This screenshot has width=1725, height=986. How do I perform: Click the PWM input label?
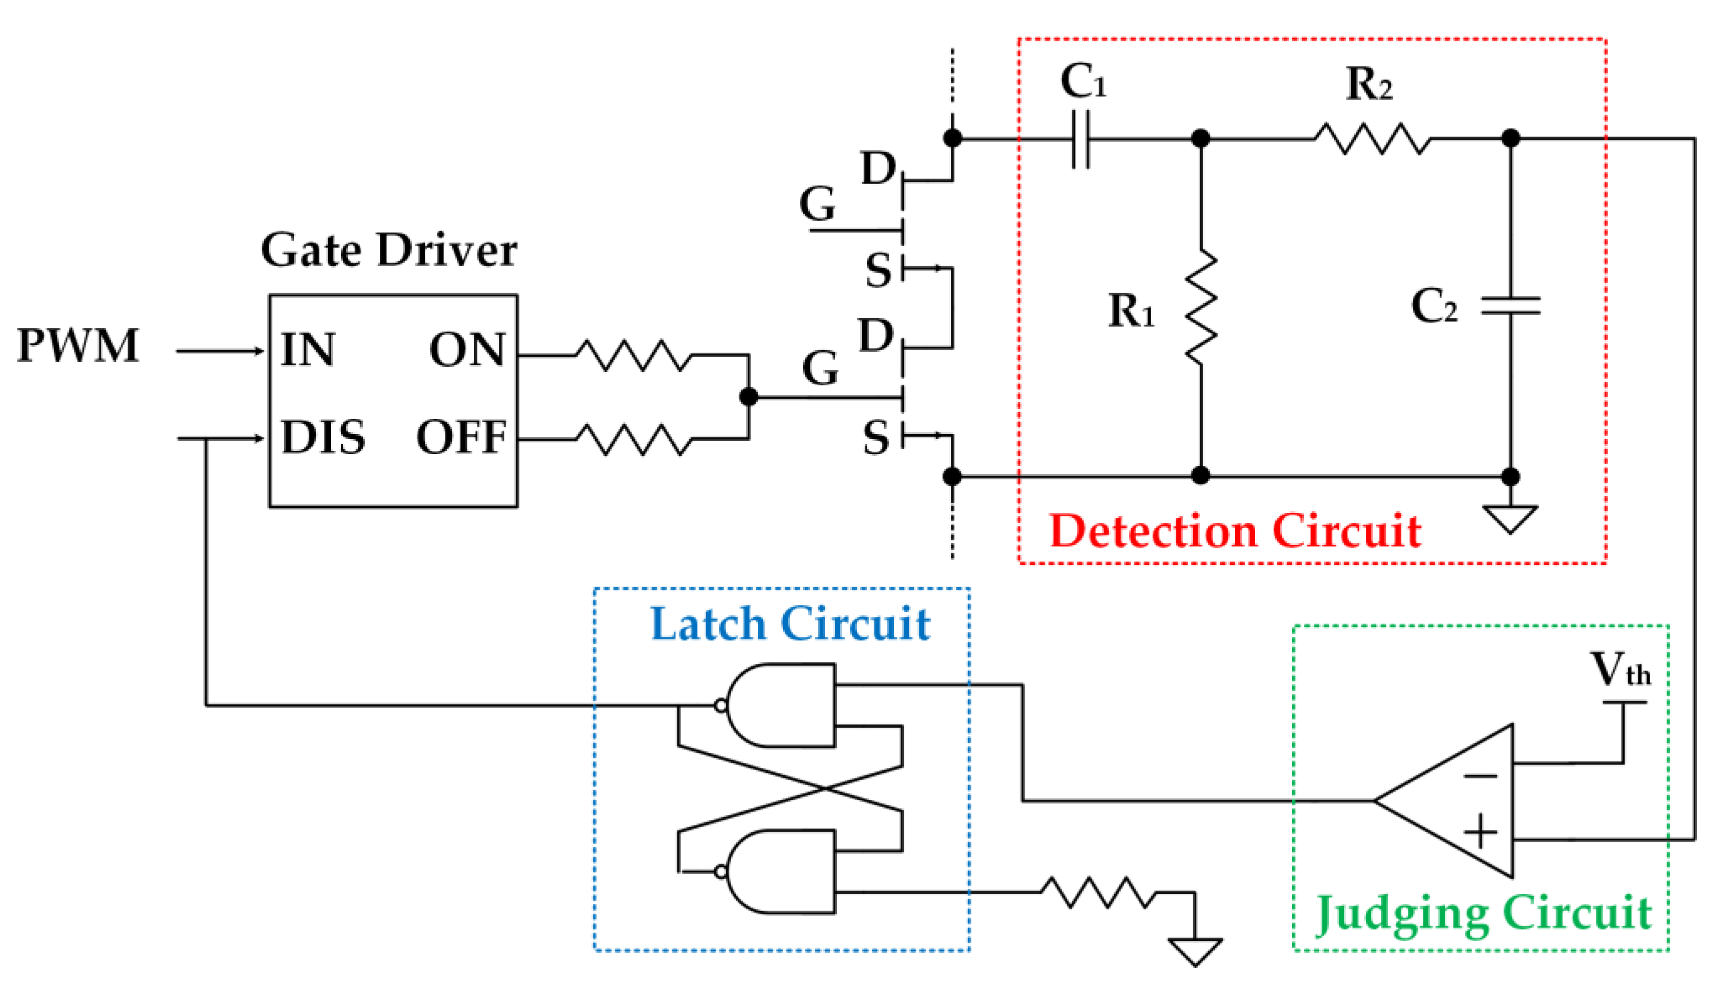(x=78, y=346)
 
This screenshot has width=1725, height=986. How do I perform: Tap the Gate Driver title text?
(x=389, y=251)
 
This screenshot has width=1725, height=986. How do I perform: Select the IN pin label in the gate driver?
(x=308, y=350)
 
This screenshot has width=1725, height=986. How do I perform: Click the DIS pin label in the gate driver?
(x=323, y=437)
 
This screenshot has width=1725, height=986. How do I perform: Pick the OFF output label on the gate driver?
(x=461, y=437)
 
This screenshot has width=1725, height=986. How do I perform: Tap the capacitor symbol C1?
(x=1081, y=139)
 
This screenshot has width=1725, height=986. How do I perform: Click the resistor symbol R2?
(x=1372, y=139)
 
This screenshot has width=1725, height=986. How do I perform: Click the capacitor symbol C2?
(x=1510, y=306)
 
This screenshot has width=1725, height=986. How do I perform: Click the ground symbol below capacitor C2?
(x=1510, y=520)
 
